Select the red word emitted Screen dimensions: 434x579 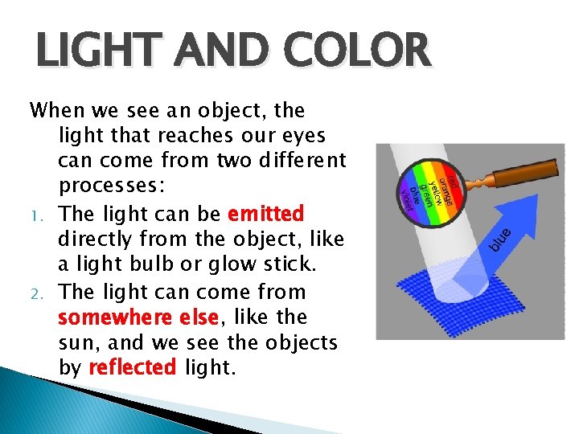[265, 215]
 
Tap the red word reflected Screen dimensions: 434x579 [132, 367]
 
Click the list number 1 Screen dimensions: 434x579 [35, 215]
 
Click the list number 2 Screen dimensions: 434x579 [35, 293]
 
